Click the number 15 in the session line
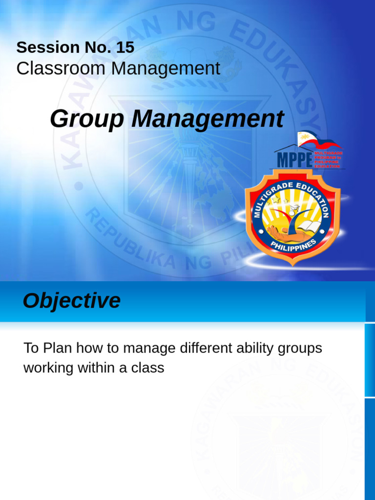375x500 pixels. point(125,47)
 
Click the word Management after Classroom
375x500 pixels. point(166,69)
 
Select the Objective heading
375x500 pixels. point(71,301)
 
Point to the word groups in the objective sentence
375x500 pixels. point(300,349)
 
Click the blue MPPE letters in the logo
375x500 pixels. point(294,160)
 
